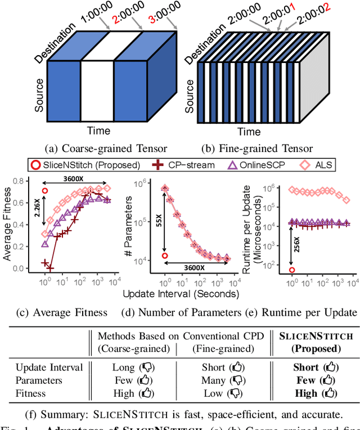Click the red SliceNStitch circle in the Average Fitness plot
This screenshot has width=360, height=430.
(x=45, y=191)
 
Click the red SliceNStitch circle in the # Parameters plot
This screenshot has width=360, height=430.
(x=164, y=256)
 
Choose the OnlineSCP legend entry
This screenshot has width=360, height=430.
(x=247, y=165)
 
